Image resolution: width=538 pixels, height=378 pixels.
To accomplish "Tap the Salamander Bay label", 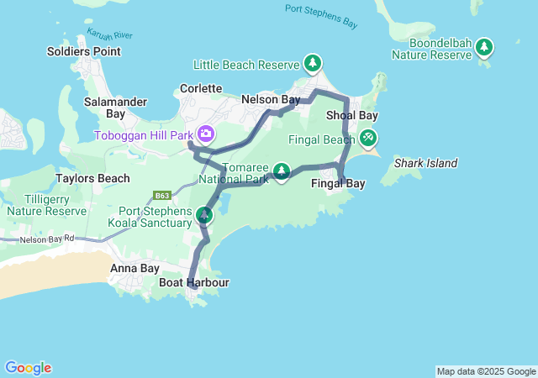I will tap(116, 108).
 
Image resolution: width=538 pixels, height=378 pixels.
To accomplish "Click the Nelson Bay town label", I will tap(271, 99).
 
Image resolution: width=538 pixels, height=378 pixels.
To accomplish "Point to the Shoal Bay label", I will tap(351, 115).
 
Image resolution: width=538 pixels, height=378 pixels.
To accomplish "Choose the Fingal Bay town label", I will tap(338, 183).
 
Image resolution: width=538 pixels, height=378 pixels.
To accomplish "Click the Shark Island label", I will tap(425, 163).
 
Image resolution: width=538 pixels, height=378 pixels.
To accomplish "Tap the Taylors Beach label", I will tap(92, 178).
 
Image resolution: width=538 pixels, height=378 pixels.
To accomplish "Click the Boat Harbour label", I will tap(194, 283).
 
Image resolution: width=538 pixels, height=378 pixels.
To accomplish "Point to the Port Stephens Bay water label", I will tap(320, 9).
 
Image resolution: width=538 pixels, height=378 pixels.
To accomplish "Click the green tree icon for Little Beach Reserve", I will tap(313, 64).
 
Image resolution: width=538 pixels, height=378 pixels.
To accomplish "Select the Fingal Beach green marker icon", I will tap(367, 138).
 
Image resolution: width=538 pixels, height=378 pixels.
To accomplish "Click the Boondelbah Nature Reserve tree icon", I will tap(484, 48).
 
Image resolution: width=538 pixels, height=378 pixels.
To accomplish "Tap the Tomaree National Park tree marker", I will tap(282, 172).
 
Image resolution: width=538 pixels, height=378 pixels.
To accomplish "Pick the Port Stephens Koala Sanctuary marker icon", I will tap(203, 216).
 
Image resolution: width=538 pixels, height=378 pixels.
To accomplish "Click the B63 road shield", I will tap(163, 197).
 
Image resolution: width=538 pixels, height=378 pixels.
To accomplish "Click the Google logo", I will tap(29, 368).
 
